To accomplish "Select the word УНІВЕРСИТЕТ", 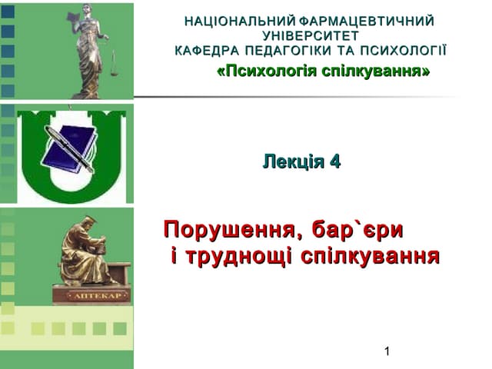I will click(310, 36).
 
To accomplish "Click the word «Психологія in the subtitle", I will click(262, 71).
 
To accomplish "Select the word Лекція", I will click(293, 162).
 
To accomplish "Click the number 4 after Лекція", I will click(334, 162).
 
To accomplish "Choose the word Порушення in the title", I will click(228, 231).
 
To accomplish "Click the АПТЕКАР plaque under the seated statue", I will click(91, 294).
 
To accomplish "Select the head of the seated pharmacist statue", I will click(90, 224).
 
